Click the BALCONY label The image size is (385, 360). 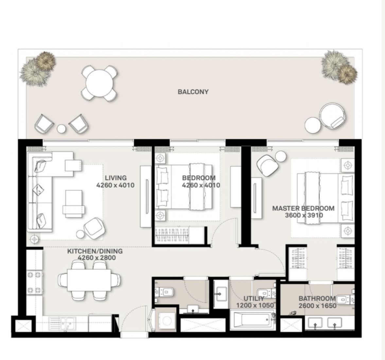pos(193,92)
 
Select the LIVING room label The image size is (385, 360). pos(115,178)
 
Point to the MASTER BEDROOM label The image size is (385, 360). pos(303,208)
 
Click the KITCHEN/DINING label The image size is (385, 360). pos(95,251)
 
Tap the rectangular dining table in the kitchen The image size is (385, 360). pos(89,280)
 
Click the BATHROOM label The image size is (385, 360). pos(317,298)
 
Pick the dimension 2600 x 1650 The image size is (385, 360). pos(317,306)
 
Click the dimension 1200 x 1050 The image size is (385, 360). pos(255,305)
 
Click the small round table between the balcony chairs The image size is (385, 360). pos(61,129)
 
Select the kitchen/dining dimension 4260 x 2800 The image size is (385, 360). pos(96,258)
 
